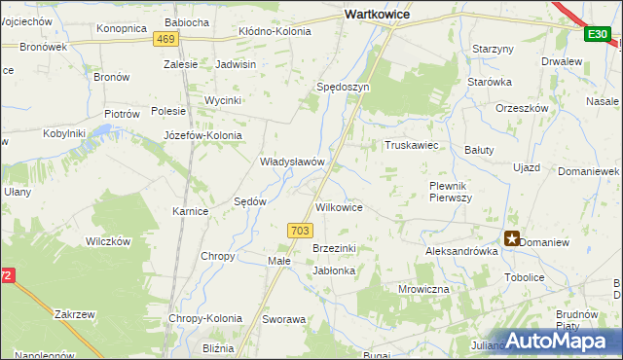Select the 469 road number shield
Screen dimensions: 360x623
[x=165, y=39]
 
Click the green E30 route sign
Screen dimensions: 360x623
[x=597, y=35]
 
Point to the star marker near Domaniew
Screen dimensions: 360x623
[x=511, y=238]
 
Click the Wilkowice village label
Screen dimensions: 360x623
[x=340, y=207]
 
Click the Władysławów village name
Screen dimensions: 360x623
[x=291, y=162]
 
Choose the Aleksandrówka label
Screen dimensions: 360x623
[x=461, y=251]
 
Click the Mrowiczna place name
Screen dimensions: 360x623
[x=423, y=289]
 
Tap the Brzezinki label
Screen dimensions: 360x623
[x=334, y=249]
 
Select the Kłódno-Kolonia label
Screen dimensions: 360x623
[x=275, y=32]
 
